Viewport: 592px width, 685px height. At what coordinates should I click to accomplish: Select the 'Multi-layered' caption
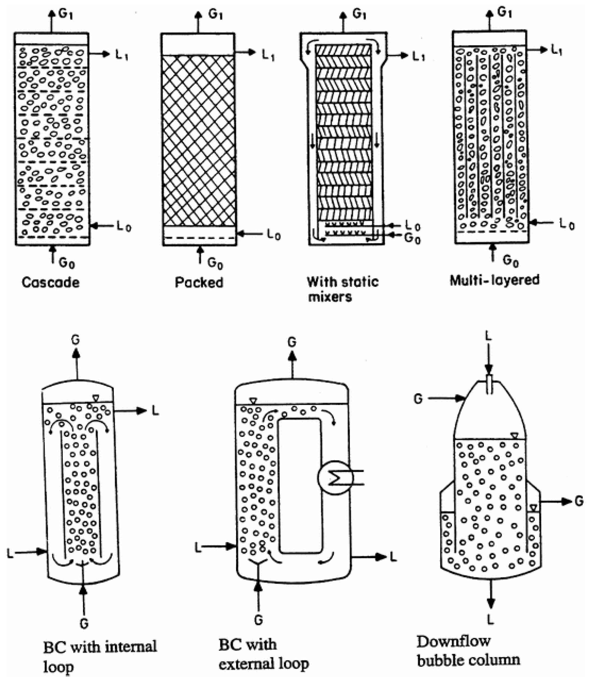click(x=495, y=280)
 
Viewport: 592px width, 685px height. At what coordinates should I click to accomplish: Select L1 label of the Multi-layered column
click(x=556, y=50)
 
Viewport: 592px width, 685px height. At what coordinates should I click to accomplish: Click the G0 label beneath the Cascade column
click(x=66, y=263)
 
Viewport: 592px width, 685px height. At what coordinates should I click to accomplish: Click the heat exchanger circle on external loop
click(x=335, y=478)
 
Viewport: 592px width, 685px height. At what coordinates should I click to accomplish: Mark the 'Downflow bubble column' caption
click(x=468, y=651)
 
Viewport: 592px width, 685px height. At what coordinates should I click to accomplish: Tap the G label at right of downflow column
click(x=579, y=502)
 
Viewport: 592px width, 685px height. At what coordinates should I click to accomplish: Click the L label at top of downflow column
click(x=488, y=336)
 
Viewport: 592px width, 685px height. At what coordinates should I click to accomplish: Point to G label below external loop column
click(x=258, y=620)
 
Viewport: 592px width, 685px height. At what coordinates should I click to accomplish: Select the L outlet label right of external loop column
click(x=393, y=557)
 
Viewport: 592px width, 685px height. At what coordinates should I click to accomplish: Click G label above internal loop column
click(x=76, y=340)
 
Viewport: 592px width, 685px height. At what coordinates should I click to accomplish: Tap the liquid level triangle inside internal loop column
click(x=96, y=398)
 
